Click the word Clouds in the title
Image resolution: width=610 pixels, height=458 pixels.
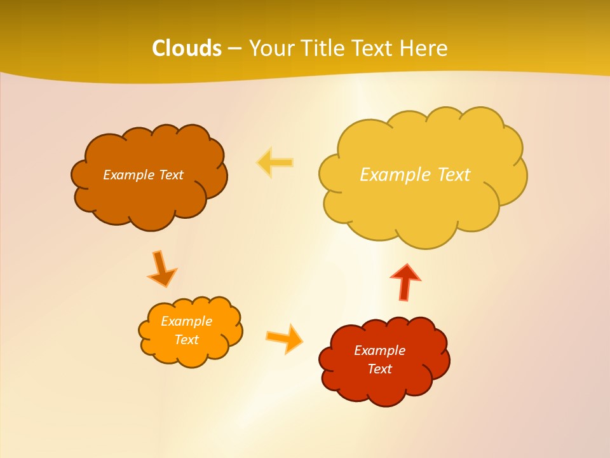(187, 48)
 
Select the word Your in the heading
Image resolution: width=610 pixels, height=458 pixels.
(271, 48)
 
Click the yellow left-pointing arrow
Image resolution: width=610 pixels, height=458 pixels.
(274, 163)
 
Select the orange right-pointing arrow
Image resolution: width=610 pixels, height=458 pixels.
(285, 338)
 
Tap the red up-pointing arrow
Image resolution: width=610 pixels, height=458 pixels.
(405, 281)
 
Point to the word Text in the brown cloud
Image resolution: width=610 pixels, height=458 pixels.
(171, 175)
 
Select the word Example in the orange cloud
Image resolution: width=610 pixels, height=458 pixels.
(186, 321)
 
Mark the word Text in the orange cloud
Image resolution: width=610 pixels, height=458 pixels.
(186, 340)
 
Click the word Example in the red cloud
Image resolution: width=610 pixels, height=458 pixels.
(379, 350)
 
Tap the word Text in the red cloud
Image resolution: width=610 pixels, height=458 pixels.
(379, 369)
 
